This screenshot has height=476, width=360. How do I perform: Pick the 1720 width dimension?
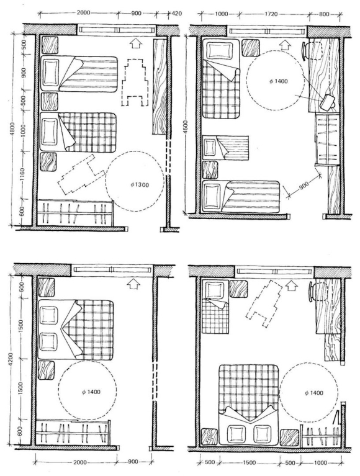coord(271,14)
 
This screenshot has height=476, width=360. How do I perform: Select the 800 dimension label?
coord(324,14)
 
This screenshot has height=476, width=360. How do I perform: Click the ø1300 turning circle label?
coord(140,184)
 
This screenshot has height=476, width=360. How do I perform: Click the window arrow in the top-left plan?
coord(136,43)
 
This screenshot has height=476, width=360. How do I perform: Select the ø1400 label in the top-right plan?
coord(278,81)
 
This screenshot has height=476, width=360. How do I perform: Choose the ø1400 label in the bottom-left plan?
coord(91,392)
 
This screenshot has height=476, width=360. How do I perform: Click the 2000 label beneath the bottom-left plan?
coord(80,462)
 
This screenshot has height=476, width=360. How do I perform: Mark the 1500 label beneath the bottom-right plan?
coord(249,462)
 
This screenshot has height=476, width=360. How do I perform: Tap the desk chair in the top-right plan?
coord(312,50)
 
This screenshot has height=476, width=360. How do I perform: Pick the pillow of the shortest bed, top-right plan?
coord(209,147)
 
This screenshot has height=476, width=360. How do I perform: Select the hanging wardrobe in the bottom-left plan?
coord(73,431)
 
